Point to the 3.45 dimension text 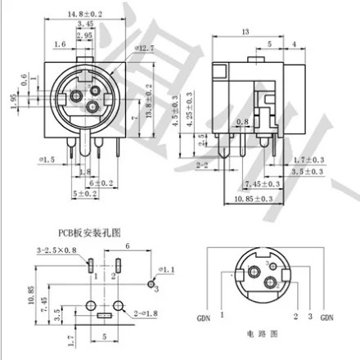tap(96, 26)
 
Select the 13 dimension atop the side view tap(246, 33)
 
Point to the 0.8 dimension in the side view tap(241, 124)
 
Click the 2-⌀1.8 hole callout tap(146, 313)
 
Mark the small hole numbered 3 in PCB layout tap(151, 282)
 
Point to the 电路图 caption tap(267, 335)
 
